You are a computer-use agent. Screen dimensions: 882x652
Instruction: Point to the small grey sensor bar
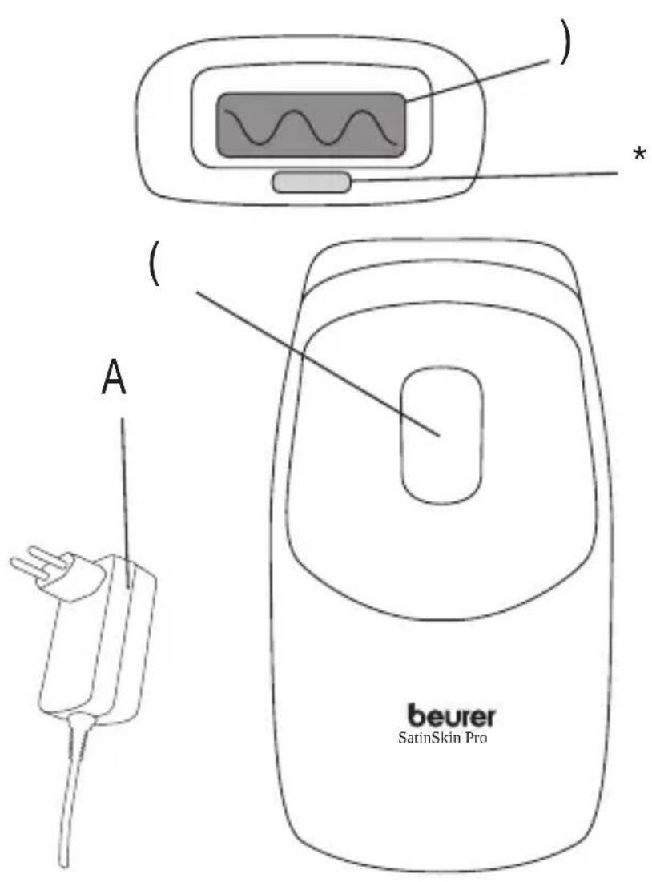tap(312, 183)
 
